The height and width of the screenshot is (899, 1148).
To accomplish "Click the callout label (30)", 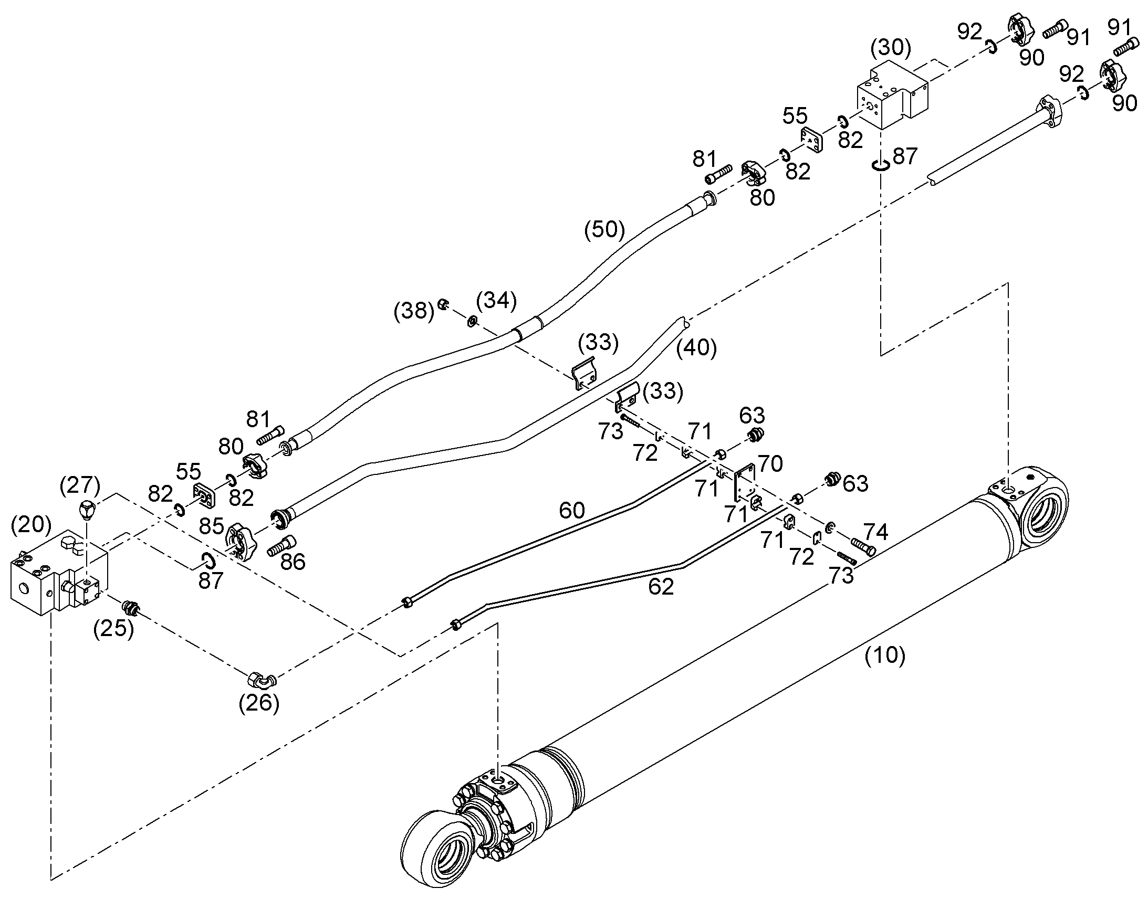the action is (x=891, y=48).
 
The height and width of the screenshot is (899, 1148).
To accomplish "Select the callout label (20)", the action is (x=31, y=524).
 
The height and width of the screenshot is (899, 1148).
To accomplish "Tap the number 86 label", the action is (x=293, y=562).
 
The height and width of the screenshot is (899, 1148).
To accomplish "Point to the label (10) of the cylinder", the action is (x=885, y=655).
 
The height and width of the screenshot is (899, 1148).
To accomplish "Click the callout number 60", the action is (x=572, y=510).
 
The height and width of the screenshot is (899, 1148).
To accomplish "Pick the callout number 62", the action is (x=661, y=586).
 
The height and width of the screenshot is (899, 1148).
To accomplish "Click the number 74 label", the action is (x=876, y=532).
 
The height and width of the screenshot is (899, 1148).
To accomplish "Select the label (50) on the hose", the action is (x=604, y=230).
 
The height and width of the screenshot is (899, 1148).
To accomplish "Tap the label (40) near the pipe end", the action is (x=696, y=348).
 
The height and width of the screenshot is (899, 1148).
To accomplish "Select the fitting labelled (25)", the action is (x=130, y=608).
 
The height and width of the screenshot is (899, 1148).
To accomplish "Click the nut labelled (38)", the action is (x=443, y=304).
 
